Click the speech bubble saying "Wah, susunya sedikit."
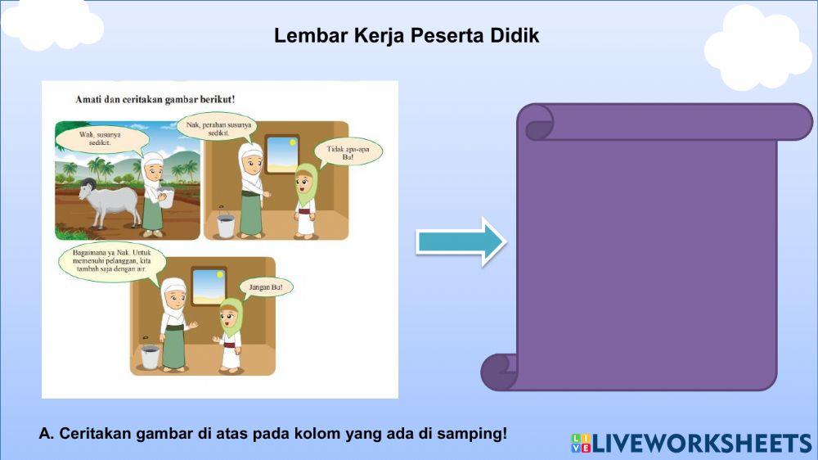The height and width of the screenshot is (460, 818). pyautogui.click(x=101, y=139)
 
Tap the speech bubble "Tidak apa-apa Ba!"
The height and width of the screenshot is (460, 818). pyautogui.click(x=348, y=153)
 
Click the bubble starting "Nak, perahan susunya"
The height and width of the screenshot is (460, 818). pyautogui.click(x=217, y=127)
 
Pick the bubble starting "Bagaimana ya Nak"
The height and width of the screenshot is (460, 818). pyautogui.click(x=112, y=265)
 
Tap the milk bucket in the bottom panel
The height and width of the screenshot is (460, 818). pyautogui.click(x=149, y=354)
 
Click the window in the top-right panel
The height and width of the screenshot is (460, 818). pyautogui.click(x=281, y=154)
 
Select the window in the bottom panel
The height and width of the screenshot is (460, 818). pyautogui.click(x=208, y=286)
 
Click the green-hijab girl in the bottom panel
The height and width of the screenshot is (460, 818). pyautogui.click(x=230, y=336)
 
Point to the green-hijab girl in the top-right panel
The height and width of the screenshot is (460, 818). pyautogui.click(x=305, y=201)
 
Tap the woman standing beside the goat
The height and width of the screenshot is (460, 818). pyautogui.click(x=153, y=194)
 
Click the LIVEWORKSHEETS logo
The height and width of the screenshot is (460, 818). pyautogui.click(x=691, y=443)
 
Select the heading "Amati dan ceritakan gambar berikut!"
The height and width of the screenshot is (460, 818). pyautogui.click(x=155, y=99)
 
